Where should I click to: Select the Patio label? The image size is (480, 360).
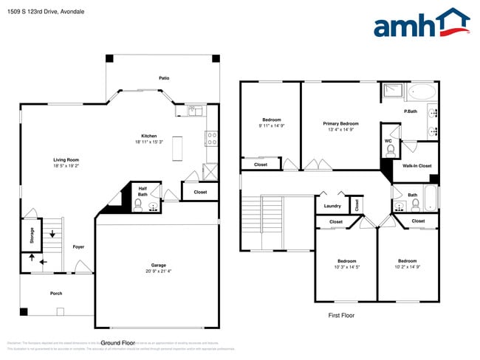click(x=164, y=77)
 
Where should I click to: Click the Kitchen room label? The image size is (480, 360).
click(x=149, y=136)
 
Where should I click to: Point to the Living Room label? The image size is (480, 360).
click(x=66, y=160)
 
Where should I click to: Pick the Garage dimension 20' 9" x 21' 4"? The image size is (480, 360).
click(x=159, y=271)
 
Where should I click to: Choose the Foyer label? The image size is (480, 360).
click(x=78, y=246)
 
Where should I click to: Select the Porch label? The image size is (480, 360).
click(x=56, y=293)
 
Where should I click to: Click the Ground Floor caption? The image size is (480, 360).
click(x=117, y=343)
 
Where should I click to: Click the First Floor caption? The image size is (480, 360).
click(x=341, y=315)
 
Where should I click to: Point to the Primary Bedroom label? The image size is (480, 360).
click(x=340, y=123)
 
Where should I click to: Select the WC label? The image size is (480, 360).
click(x=388, y=140)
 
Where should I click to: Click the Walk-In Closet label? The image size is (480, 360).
click(x=417, y=167)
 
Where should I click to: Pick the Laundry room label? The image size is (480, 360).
click(x=332, y=206)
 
